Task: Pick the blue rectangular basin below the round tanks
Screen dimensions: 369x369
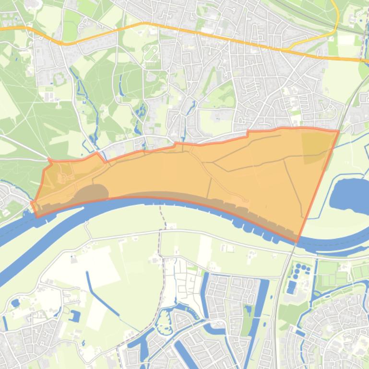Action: (x=291, y=287)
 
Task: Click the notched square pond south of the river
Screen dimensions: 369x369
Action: (x=75, y=316)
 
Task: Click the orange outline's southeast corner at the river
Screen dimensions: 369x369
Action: (x=298, y=242)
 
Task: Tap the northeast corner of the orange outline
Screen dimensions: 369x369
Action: (x=339, y=130)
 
